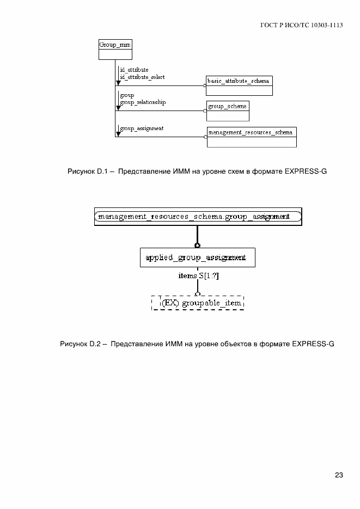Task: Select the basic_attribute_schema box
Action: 238,85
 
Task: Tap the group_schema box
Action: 228,111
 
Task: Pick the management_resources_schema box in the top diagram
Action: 252,137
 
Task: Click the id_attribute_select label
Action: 142,77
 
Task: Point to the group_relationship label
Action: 143,102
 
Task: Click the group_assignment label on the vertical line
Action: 142,128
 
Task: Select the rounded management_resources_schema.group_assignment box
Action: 198,217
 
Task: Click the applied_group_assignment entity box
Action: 197,257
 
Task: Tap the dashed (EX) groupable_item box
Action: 197,303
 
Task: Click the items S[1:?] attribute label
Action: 198,276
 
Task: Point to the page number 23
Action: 339,475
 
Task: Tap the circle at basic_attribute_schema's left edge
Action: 205,85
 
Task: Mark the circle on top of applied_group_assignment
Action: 198,246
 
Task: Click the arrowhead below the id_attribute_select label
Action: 118,83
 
